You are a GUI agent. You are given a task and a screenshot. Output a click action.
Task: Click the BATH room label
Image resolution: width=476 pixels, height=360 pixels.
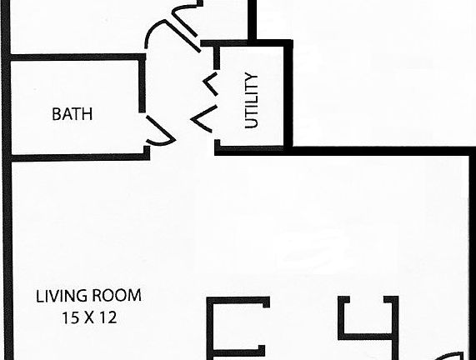pos(73,114)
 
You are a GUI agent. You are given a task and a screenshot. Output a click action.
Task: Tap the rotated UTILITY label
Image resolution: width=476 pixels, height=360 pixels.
pos(252,100)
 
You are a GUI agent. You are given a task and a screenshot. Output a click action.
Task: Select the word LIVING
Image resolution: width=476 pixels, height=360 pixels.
pos(58,296)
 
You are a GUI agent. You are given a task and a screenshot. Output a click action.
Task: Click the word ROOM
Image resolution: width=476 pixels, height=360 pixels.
pos(117,296)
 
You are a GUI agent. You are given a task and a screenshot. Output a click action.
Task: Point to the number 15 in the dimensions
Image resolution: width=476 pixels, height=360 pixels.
pos(70,317)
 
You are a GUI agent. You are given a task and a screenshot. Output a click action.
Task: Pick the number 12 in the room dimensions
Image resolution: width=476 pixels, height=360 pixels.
pos(109,317)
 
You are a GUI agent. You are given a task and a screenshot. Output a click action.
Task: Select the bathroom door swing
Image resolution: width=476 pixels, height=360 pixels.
pos(160,131)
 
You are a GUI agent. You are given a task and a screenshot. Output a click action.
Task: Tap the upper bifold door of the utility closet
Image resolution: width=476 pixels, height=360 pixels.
pos(211,84)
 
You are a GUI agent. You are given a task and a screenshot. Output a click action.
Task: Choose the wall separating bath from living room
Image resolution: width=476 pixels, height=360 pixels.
pos(81,157)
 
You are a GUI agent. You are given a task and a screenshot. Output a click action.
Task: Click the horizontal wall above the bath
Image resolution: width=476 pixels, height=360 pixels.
pos(78,57)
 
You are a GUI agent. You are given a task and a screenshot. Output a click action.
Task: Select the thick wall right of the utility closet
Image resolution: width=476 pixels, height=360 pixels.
pos(288,94)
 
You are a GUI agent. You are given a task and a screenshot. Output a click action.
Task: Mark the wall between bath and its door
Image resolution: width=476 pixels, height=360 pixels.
pos(142,85)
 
